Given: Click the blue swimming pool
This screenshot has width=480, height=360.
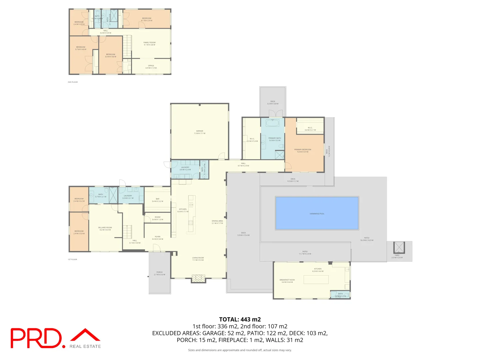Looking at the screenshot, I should click(317, 213).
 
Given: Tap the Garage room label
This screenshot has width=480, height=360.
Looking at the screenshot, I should click(200, 132).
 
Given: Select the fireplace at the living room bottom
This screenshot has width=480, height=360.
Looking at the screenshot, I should click(199, 278).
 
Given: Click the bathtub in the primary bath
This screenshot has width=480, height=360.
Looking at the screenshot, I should click(273, 123).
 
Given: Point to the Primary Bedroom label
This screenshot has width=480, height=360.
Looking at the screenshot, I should click(303, 151).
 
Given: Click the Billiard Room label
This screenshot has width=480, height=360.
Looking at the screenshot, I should click(105, 229).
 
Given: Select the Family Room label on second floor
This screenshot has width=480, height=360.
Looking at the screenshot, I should click(149, 44).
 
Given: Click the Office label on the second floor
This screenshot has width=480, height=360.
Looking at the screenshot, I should click(151, 67).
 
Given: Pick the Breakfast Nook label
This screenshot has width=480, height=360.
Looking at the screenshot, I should click(287, 281).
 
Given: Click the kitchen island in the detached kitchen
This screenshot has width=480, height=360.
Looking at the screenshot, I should click(316, 279).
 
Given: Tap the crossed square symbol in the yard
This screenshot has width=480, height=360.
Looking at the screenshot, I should click(399, 247).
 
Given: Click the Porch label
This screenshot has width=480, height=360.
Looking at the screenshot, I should click(159, 273).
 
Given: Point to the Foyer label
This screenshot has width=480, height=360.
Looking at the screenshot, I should click(158, 238).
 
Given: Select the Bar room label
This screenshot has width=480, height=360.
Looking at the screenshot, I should click(158, 200).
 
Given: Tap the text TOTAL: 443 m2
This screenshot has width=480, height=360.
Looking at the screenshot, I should click(240, 319).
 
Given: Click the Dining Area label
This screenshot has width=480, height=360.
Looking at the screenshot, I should click(217, 222).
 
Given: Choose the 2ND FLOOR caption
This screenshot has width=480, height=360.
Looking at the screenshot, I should click(73, 82).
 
